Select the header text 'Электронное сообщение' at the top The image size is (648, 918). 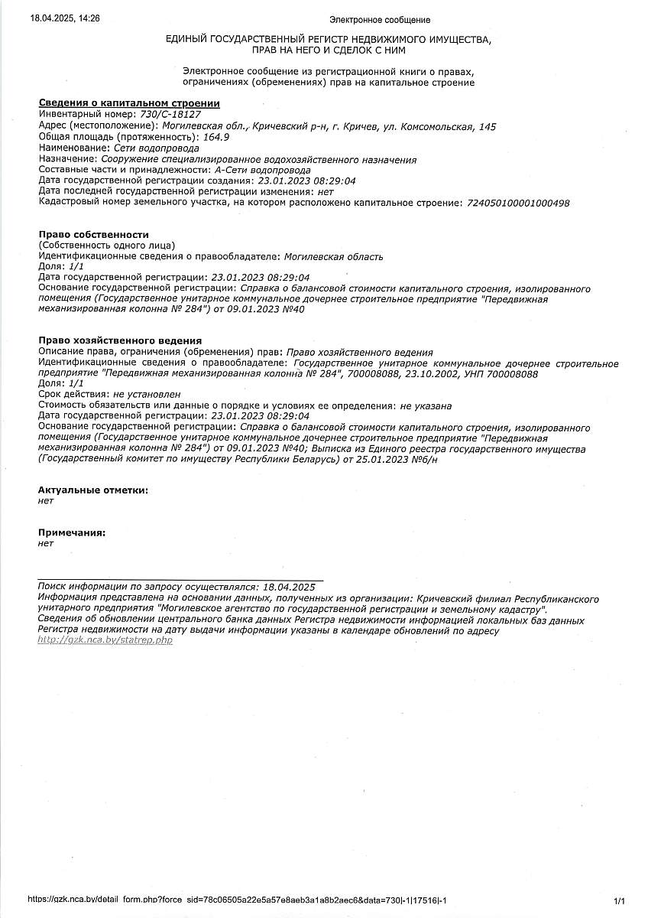[379, 20]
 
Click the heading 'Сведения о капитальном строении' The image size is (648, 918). [129, 103]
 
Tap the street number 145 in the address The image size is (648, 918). [487, 126]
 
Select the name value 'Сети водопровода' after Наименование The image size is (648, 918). [156, 148]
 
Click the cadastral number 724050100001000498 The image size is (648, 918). [517, 203]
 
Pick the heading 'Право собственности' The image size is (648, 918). [93, 234]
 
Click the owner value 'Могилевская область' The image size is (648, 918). [333, 256]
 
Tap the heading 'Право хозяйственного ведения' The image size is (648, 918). [119, 340]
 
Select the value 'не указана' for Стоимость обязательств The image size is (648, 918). [426, 405]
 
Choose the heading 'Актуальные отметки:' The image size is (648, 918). [93, 490]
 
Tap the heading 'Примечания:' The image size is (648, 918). [72, 532]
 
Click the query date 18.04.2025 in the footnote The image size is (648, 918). [288, 587]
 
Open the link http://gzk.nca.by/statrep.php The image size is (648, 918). [105, 640]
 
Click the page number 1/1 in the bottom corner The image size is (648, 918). [619, 901]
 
